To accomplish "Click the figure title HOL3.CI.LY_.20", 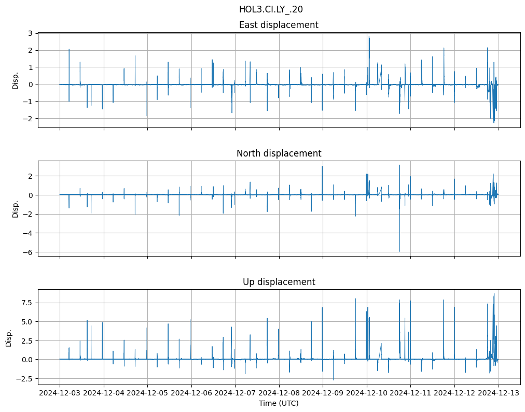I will [x=271, y=9].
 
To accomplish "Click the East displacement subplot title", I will [x=279, y=25].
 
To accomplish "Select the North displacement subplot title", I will [x=279, y=153].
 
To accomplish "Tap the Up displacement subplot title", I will [x=279, y=282].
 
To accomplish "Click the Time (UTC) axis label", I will [x=279, y=403].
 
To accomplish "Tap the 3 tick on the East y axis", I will [x=30, y=33].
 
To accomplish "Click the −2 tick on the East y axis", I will [x=28, y=119].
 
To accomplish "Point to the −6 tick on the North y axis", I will [x=28, y=252].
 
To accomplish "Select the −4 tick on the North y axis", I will [x=28, y=233].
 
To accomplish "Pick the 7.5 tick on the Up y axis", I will [x=26, y=303].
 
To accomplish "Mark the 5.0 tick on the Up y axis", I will [x=26, y=322].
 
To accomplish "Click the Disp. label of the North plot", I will [x=16, y=208].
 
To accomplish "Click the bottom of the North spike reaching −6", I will [x=399, y=251].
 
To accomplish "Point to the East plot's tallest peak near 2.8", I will [x=369, y=37].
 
